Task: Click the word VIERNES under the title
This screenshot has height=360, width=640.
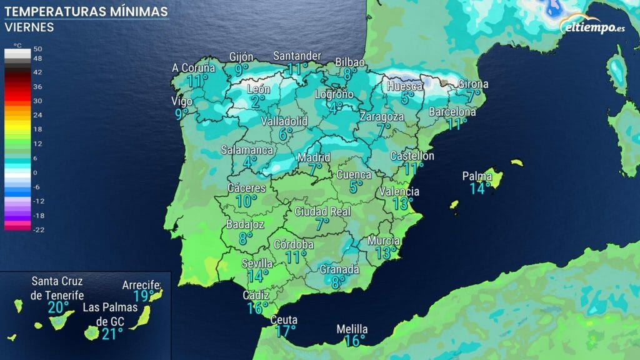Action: coord(29,27)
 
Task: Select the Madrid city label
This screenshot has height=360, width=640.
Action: coord(314,157)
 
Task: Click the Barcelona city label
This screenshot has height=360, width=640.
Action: coord(452,112)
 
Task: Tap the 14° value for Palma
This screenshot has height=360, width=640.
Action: coord(479,187)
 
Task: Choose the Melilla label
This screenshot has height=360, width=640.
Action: coord(352,329)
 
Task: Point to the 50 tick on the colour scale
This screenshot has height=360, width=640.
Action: coord(37,49)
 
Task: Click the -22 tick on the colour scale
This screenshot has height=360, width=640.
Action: coord(37,229)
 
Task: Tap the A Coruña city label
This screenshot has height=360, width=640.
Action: coord(194,68)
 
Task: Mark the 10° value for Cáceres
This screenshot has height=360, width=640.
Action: coord(246,201)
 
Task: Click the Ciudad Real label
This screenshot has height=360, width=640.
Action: coord(322,211)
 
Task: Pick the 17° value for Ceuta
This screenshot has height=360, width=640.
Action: coord(285,331)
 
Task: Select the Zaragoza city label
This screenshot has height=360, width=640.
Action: coord(382,117)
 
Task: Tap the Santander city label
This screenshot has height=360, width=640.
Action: coord(297,56)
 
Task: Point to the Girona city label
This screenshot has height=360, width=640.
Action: coord(473,84)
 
